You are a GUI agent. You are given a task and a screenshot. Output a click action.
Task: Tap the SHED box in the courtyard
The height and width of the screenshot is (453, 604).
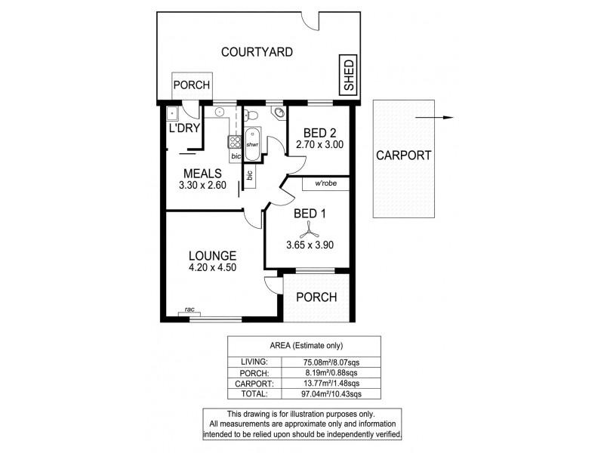pos(349,76)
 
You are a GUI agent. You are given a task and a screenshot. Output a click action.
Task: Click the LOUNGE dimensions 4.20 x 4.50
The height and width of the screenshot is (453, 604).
pos(214,267)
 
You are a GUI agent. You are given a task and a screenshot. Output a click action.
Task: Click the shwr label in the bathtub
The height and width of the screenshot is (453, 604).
pos(252,144)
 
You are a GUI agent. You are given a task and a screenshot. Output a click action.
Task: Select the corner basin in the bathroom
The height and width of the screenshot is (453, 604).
pos(279,113)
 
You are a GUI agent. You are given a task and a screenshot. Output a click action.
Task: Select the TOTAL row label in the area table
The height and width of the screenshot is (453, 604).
pos(254,394)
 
